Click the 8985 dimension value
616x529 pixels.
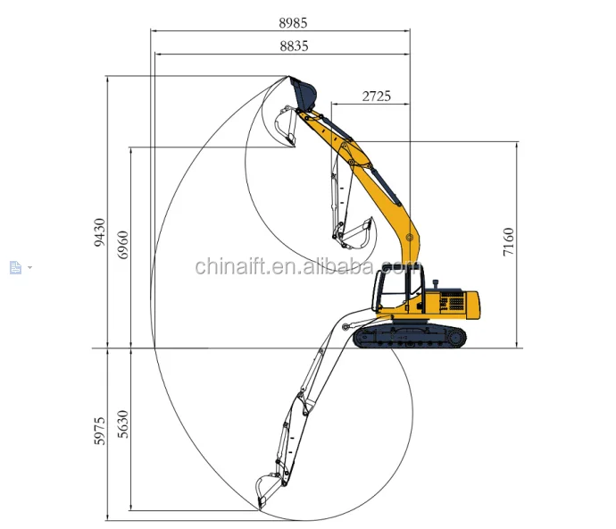point(293,23)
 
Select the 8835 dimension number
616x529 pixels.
point(295,46)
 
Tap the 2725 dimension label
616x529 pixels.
point(377,97)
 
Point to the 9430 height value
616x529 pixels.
point(100,232)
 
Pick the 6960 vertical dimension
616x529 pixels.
point(123,245)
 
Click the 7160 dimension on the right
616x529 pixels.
point(508,242)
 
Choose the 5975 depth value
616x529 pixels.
point(100,432)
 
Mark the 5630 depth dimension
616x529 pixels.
point(123,424)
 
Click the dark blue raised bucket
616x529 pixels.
point(303,94)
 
